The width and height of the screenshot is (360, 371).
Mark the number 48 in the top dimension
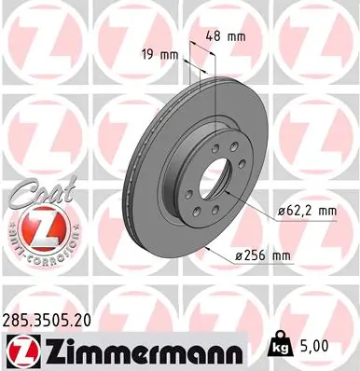[215, 36]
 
